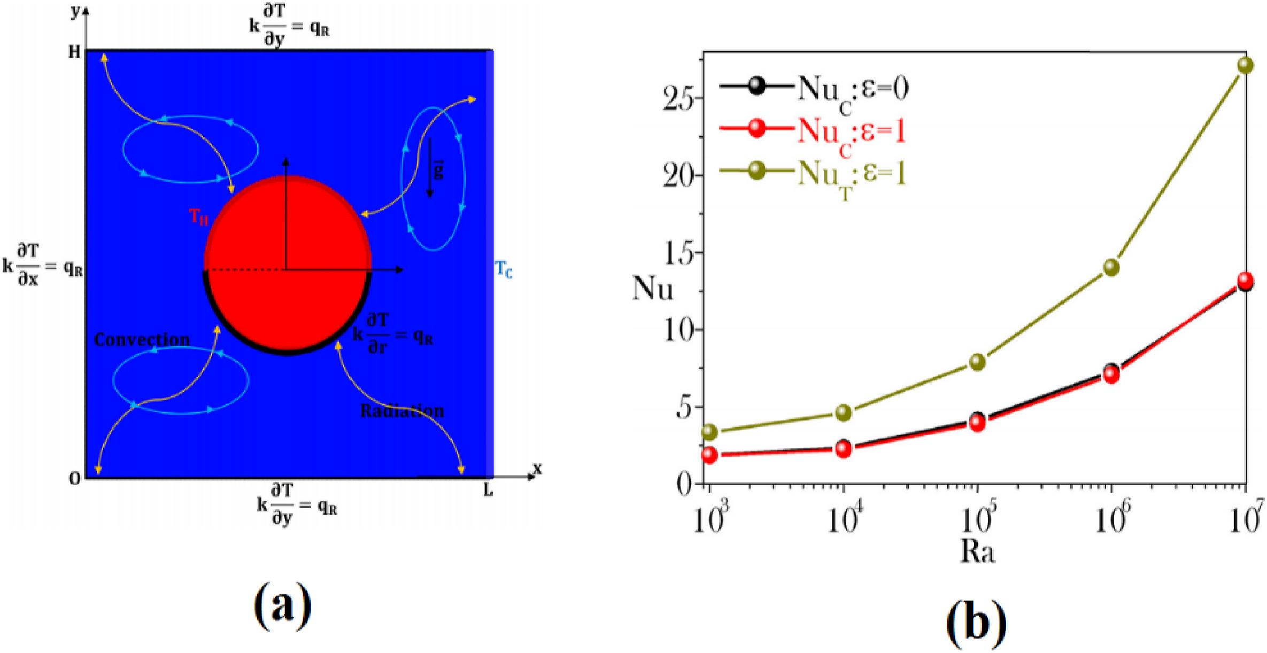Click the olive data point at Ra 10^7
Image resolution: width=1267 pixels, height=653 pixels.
1245,65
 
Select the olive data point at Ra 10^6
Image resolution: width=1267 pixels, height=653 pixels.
1111,267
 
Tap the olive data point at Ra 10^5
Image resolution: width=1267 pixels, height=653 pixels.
977,362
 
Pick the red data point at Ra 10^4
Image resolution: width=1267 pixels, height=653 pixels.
844,449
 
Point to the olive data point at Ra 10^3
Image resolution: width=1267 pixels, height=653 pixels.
709,431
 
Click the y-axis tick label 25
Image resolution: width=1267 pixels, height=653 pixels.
678,99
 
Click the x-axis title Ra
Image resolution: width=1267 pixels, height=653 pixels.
977,551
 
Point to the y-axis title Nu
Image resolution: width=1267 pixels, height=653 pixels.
652,289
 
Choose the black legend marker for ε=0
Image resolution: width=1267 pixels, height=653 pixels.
756,85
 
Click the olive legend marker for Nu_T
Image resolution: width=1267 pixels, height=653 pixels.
756,171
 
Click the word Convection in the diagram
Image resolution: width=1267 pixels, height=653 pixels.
142,340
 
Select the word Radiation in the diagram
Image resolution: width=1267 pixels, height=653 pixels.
402,410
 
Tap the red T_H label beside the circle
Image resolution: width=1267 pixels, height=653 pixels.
198,216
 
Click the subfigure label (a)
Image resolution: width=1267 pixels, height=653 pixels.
282,607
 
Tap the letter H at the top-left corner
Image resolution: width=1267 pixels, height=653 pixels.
74,52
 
